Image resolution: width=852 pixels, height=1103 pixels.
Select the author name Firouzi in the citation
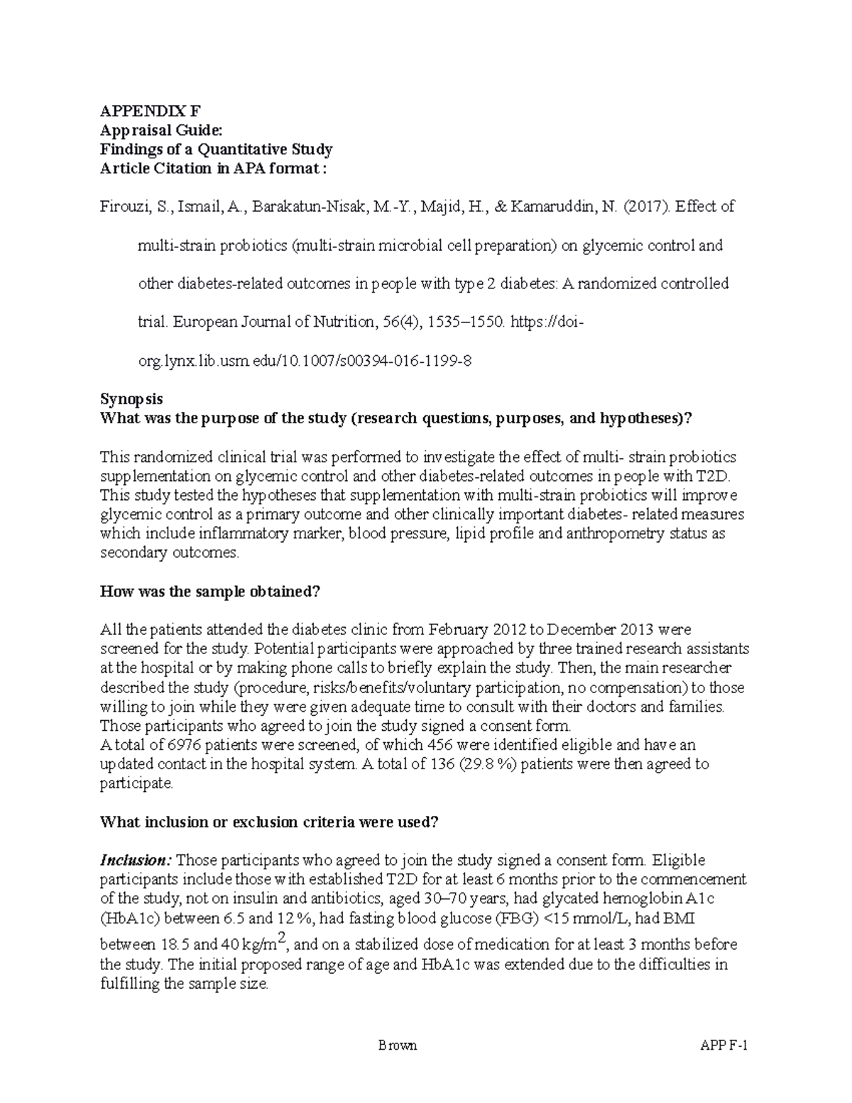coord(122,207)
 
